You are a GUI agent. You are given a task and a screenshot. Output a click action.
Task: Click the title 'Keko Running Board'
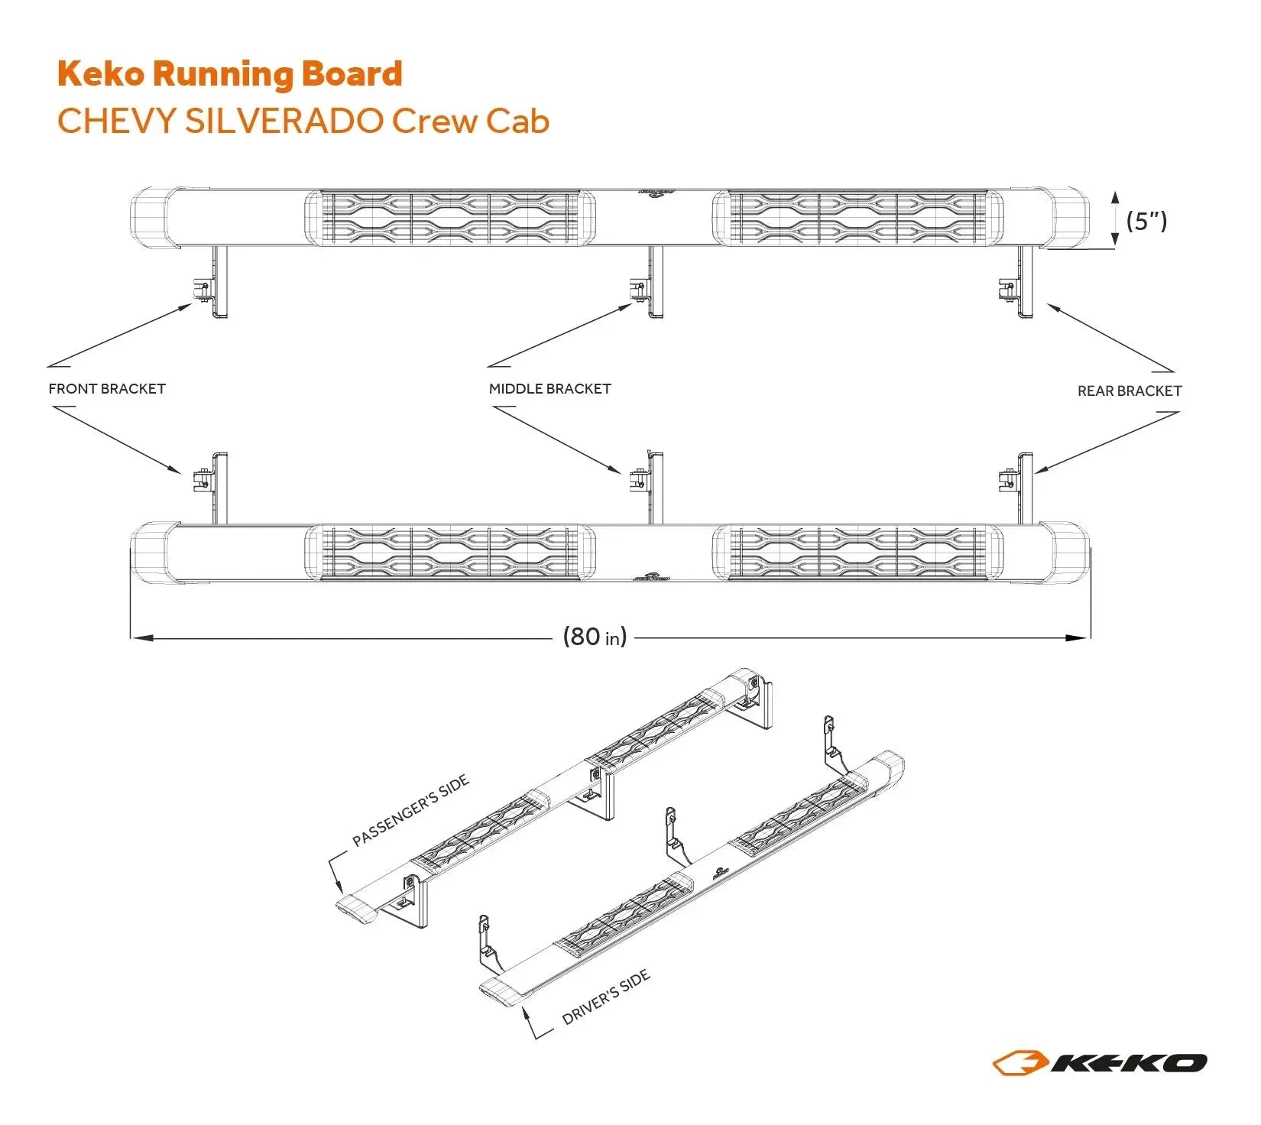229,74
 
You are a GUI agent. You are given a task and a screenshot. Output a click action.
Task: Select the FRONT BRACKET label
107,389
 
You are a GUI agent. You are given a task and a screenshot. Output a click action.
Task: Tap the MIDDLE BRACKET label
549,389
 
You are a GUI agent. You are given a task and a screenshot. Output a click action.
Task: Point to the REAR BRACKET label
1129,391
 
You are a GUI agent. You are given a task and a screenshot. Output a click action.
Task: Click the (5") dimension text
1146,222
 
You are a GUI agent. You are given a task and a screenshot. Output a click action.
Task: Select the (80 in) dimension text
595,637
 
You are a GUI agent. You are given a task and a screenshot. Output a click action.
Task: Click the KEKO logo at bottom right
1100,1062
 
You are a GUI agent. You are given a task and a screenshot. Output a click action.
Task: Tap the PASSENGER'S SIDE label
410,812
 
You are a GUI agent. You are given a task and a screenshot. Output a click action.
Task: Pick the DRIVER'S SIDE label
605,997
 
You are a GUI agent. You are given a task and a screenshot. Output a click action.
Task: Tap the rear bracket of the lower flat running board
1018,486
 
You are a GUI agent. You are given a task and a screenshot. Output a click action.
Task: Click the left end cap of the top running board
153,218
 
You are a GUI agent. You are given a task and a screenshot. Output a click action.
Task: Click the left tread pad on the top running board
451,218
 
